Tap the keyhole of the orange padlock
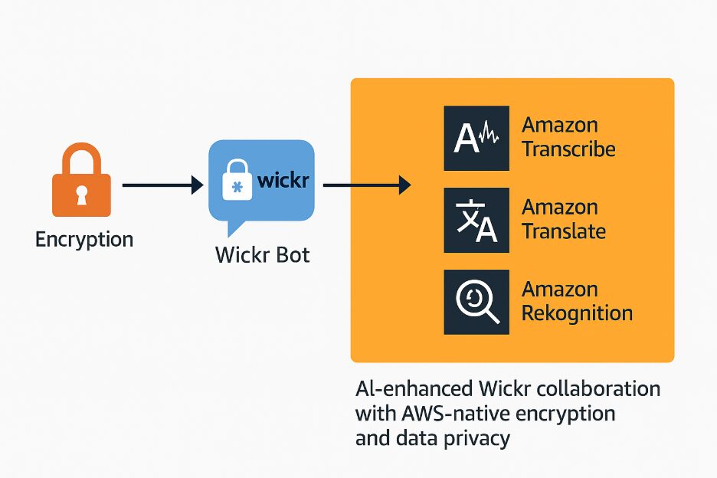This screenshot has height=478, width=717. click(81, 196)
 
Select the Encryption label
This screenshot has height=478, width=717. click(84, 239)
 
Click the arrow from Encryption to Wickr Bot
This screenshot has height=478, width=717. click(162, 185)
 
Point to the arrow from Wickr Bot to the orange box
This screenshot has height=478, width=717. click(367, 185)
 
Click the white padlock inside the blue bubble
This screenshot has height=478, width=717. click(237, 183)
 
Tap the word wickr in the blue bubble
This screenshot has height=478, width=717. click(283, 181)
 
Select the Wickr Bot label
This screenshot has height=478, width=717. click(263, 254)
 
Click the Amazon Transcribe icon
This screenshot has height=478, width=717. click(476, 138)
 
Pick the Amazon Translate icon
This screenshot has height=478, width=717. click(476, 220)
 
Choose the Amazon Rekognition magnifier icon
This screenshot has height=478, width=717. click(476, 302)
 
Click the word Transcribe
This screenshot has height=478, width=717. click(568, 149)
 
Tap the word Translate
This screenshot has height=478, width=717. click(564, 231)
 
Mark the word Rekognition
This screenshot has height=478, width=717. click(577, 313)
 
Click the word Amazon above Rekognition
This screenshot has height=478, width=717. click(559, 290)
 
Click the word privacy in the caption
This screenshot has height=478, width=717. click(477, 439)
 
